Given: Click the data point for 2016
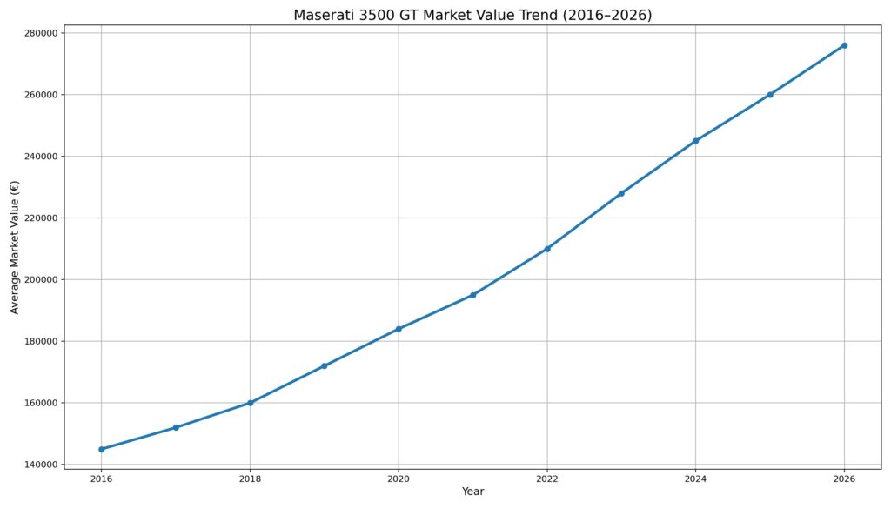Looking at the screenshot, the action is pos(102,449).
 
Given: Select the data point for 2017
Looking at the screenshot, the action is pos(176,428).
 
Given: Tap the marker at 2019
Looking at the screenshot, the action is pos(325,365).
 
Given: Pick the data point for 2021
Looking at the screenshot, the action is pos(472,295).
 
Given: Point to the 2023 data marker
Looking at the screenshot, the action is pos(621,193).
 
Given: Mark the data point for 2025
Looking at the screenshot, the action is pos(770,95).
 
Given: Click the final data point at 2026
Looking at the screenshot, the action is pos(844,45).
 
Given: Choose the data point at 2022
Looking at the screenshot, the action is pos(547,249).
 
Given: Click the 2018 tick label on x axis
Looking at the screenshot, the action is pos(250,479).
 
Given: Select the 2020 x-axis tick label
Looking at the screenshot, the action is pos(399,479).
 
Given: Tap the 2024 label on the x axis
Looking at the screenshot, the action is pos(695,479).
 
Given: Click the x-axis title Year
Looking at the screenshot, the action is pos(472,492).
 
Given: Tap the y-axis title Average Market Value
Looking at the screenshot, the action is pos(15,247).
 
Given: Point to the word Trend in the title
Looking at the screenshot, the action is pos(536,16).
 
